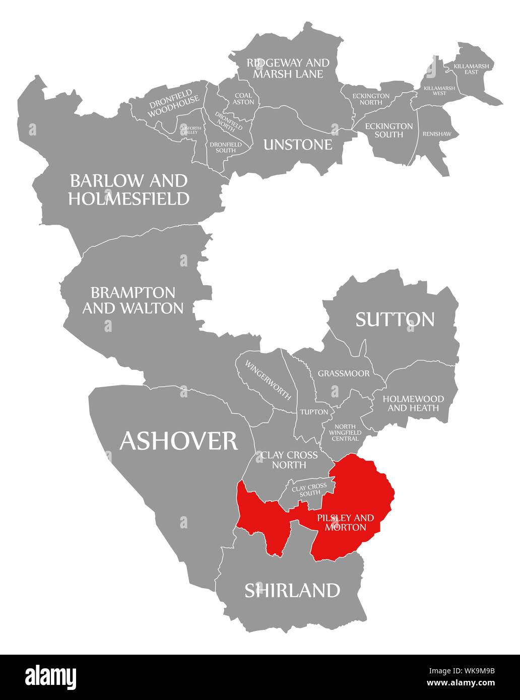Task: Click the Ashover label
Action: pyautogui.click(x=178, y=441)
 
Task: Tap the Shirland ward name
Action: pyautogui.click(x=292, y=590)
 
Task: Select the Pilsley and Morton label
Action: pyautogui.click(x=346, y=522)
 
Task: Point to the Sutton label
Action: pyautogui.click(x=395, y=319)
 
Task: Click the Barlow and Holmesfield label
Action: pyautogui.click(x=128, y=189)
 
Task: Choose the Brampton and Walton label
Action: pyautogui.click(x=133, y=300)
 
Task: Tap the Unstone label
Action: pyautogui.click(x=298, y=145)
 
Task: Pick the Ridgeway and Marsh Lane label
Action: pyautogui.click(x=288, y=68)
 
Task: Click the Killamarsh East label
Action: pyautogui.click(x=473, y=69)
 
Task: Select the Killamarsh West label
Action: pyautogui.click(x=439, y=90)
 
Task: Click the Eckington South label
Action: pyautogui.click(x=388, y=130)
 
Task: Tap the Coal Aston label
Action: pyautogui.click(x=243, y=98)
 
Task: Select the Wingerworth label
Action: pyautogui.click(x=268, y=380)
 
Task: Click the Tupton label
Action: pyautogui.click(x=314, y=412)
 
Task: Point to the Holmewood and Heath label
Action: pyautogui.click(x=413, y=403)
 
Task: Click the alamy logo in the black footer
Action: pyautogui.click(x=51, y=676)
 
